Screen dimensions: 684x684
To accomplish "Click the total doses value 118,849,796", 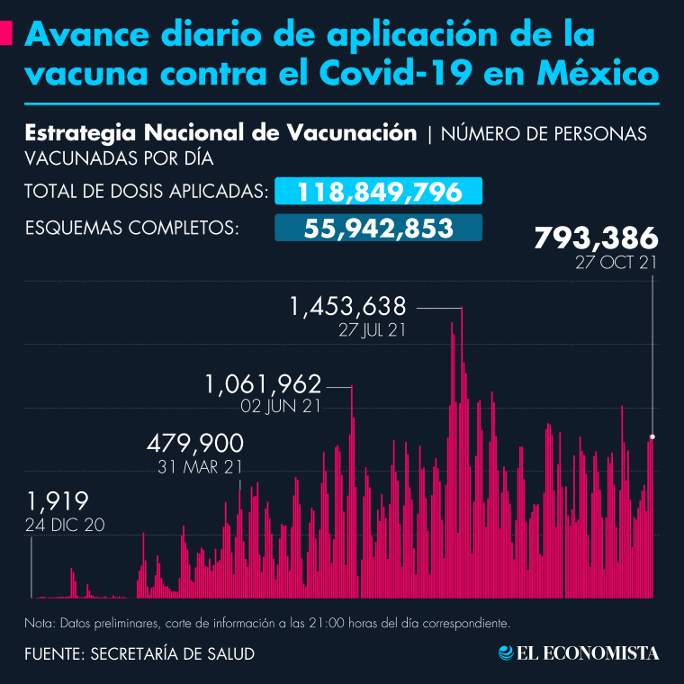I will [379, 192].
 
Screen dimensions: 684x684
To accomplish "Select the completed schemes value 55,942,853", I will [379, 229].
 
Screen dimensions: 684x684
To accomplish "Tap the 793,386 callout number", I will [596, 240].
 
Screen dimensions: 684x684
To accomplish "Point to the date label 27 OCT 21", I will [617, 264].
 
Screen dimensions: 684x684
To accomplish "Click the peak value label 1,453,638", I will [347, 307].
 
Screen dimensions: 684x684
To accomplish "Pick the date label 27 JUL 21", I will [372, 329].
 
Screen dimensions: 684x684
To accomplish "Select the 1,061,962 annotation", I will [263, 384].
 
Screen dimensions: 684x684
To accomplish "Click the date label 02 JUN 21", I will [281, 406].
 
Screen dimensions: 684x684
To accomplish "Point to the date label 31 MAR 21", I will [200, 466].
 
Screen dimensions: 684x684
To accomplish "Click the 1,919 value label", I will [57, 501].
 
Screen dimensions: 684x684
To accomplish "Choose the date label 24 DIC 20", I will [65, 525].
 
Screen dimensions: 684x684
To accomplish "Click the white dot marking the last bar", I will [652, 436].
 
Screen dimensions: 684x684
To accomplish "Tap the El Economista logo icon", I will [507, 652].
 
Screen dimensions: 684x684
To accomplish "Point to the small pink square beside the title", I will [7, 34].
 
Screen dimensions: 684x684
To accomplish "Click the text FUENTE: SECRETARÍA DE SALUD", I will [139, 653].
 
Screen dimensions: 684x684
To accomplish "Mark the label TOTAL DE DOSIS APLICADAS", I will [146, 192].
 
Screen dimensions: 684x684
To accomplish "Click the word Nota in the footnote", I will [40, 623].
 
